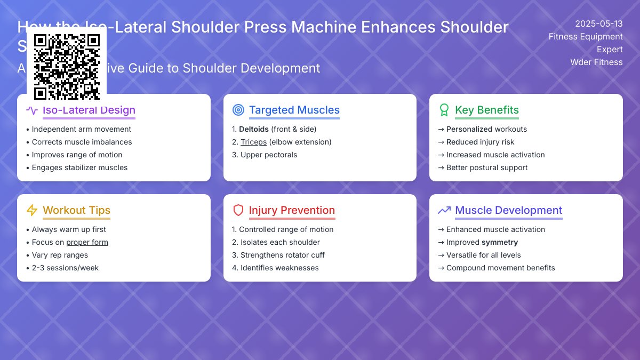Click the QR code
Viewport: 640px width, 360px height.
tap(67, 67)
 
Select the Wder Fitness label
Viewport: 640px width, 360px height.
tap(596, 62)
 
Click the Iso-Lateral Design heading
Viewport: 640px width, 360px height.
tap(89, 110)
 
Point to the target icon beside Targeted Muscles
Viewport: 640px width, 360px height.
tap(238, 110)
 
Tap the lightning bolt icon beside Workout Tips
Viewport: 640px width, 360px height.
tap(32, 211)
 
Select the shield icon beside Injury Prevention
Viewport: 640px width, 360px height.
tap(238, 211)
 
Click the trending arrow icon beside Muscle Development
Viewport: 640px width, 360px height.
tap(444, 211)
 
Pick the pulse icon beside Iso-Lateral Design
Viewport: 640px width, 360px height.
tap(32, 110)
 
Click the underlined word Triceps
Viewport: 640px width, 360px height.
tap(253, 142)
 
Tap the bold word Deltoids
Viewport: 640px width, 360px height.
tap(254, 129)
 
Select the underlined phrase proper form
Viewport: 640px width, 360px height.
tap(87, 242)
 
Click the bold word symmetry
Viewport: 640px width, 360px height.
tap(500, 242)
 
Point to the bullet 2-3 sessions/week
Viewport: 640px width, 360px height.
tap(65, 268)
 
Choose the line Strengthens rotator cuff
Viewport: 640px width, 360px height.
tap(282, 255)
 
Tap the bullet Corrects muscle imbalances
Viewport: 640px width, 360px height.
tap(82, 142)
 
